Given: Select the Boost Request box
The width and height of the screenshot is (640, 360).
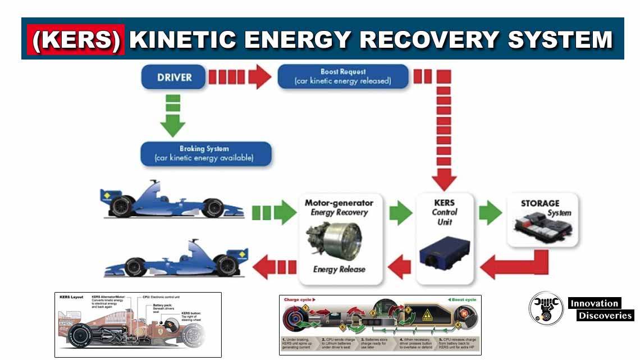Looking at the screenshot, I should click(343, 76).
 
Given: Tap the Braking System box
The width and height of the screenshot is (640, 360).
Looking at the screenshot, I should click(205, 154).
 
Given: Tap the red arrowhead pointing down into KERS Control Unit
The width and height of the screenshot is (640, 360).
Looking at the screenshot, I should click(444, 179).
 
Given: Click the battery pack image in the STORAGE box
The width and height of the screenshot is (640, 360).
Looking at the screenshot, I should click(542, 226).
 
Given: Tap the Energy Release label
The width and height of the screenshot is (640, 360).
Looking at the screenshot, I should click(339, 269).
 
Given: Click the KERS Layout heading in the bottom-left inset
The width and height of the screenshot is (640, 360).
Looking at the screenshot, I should click(72, 296).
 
